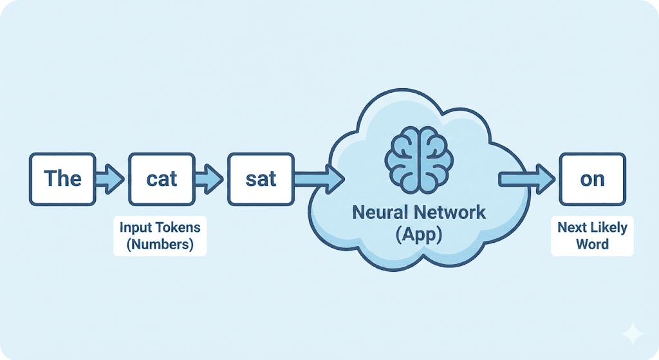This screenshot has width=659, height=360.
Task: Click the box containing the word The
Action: pyautogui.click(x=62, y=178)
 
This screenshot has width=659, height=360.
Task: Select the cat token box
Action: pyautogui.click(x=162, y=178)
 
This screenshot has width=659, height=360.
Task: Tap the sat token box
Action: pyautogui.click(x=261, y=178)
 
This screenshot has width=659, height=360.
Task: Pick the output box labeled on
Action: pyautogui.click(x=592, y=178)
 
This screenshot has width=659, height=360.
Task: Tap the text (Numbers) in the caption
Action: pyautogui.click(x=160, y=245)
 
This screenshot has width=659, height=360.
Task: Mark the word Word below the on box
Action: pyautogui.click(x=592, y=245)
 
